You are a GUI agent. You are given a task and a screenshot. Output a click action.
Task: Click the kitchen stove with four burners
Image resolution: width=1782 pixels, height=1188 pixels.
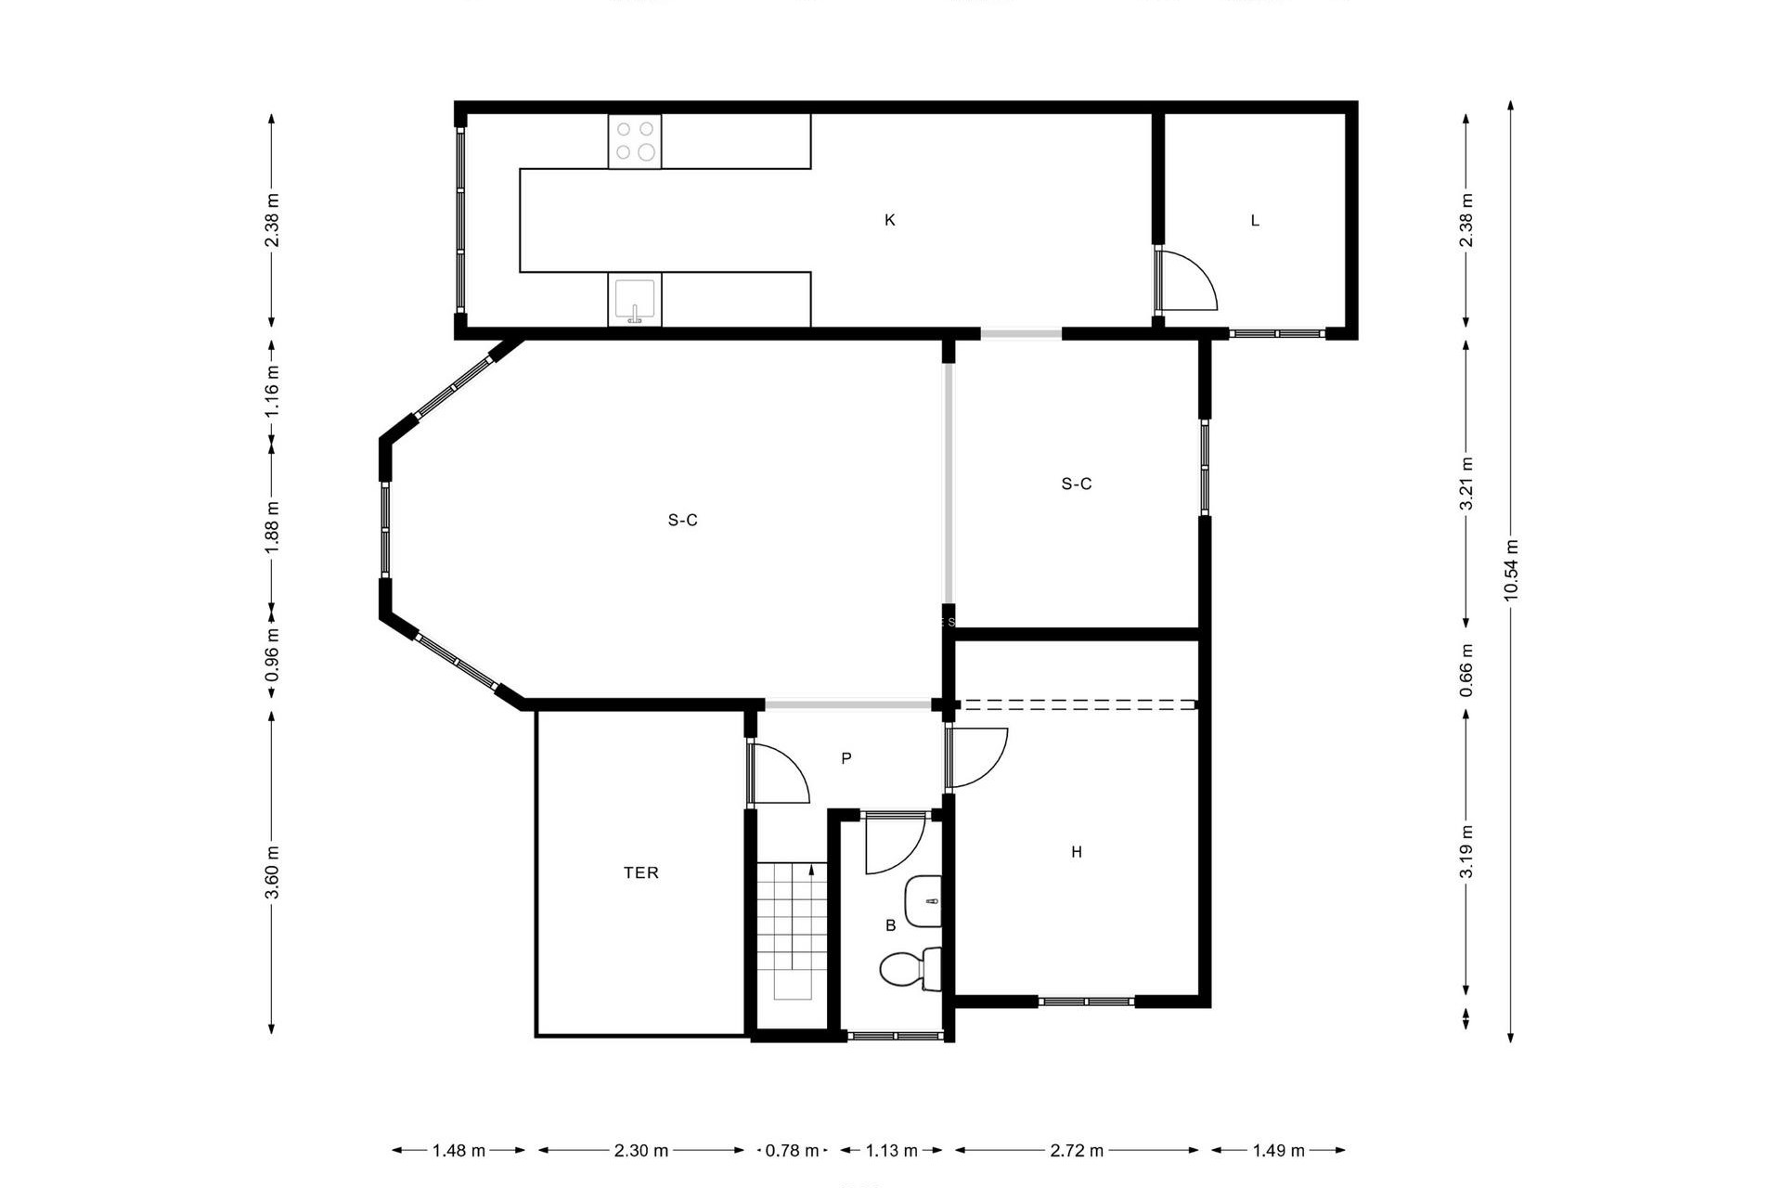pos(635,142)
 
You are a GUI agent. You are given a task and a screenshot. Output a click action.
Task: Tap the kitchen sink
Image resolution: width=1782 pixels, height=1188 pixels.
pos(635,300)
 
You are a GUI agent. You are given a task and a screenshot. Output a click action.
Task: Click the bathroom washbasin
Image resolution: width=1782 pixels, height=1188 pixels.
pos(923,900)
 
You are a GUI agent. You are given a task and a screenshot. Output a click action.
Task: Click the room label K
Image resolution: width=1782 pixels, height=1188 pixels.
pos(889,220)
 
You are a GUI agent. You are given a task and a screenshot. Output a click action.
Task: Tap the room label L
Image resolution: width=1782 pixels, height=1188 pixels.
pos(1255,221)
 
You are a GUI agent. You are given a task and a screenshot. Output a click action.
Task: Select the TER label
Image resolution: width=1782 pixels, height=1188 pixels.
pos(640,872)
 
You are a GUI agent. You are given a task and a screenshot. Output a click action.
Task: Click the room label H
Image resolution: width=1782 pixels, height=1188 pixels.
pos(1077,852)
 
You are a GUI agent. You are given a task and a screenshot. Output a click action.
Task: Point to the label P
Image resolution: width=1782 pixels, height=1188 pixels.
pos(846,758)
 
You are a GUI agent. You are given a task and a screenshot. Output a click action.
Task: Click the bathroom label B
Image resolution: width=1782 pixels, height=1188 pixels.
pos(890,925)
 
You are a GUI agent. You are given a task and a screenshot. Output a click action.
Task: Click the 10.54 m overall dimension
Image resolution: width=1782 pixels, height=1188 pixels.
pos(1511,570)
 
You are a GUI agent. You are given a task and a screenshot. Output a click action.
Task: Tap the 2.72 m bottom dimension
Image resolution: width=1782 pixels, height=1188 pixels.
pos(1077,1151)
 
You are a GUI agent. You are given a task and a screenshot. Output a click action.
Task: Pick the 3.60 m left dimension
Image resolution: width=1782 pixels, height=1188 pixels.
pos(272,872)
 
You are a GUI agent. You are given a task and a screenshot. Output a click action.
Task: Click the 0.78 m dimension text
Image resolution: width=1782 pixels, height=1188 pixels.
pos(792,1151)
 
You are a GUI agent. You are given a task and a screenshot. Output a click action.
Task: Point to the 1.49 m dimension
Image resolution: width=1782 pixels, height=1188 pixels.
pos(1278,1151)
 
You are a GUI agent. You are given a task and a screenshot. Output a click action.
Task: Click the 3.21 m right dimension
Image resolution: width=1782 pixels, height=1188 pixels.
pos(1466,484)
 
